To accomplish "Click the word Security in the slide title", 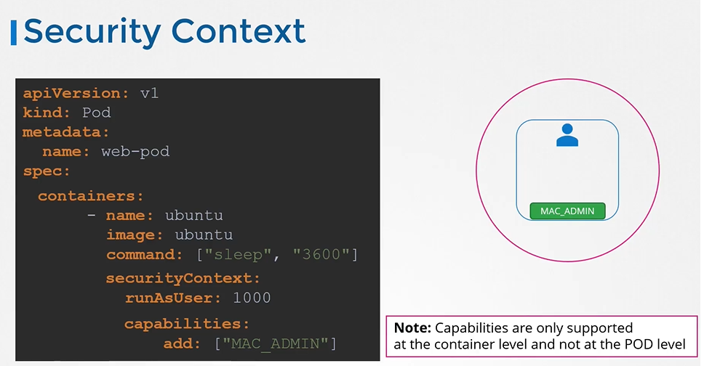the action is coord(92,32).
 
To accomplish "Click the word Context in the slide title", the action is coord(239,31).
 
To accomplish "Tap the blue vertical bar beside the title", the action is coord(14,33).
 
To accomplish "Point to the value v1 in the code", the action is coord(149,93).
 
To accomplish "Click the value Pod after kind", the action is coord(96,113).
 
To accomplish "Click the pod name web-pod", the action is coord(135,152).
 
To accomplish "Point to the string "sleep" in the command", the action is coord(238,255).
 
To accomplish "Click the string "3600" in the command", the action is coord(321,254).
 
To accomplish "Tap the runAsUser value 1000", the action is coord(252,298).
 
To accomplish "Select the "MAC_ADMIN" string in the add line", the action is coord(275,343).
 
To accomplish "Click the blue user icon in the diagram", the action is coord(567,135).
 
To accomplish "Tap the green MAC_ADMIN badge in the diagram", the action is coord(567,211).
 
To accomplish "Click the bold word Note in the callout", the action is coord(412,328).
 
